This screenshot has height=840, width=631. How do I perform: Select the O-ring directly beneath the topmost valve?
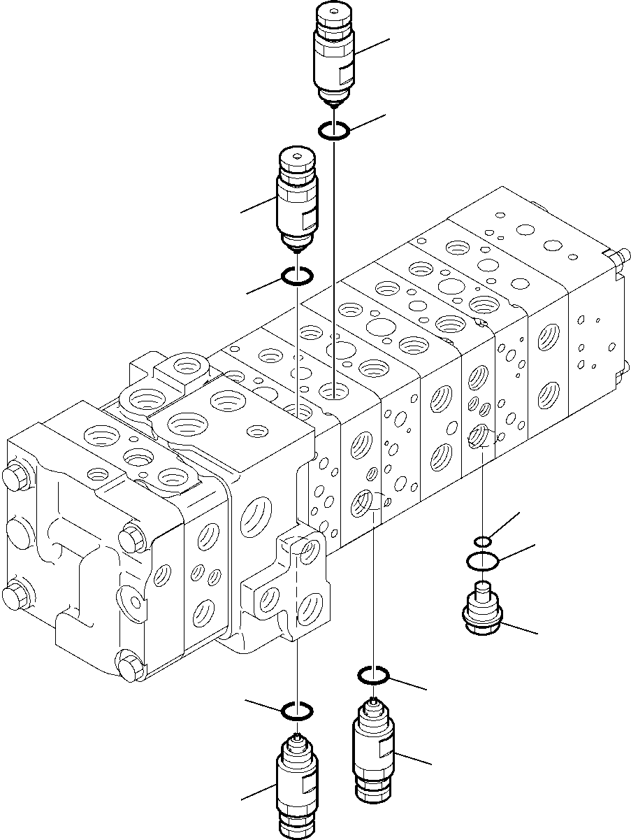click(x=335, y=130)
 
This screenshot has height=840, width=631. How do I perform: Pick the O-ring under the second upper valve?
click(x=296, y=278)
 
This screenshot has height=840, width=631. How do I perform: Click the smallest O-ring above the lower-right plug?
click(x=483, y=541)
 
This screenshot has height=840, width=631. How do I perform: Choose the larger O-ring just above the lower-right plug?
click(x=482, y=560)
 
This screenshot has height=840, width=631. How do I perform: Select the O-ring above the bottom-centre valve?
click(x=373, y=675)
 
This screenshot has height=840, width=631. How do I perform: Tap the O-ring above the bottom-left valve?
click(x=296, y=712)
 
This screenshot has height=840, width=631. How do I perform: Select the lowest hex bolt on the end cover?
click(x=130, y=667)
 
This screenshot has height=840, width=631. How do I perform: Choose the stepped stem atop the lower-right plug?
click(x=482, y=590)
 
